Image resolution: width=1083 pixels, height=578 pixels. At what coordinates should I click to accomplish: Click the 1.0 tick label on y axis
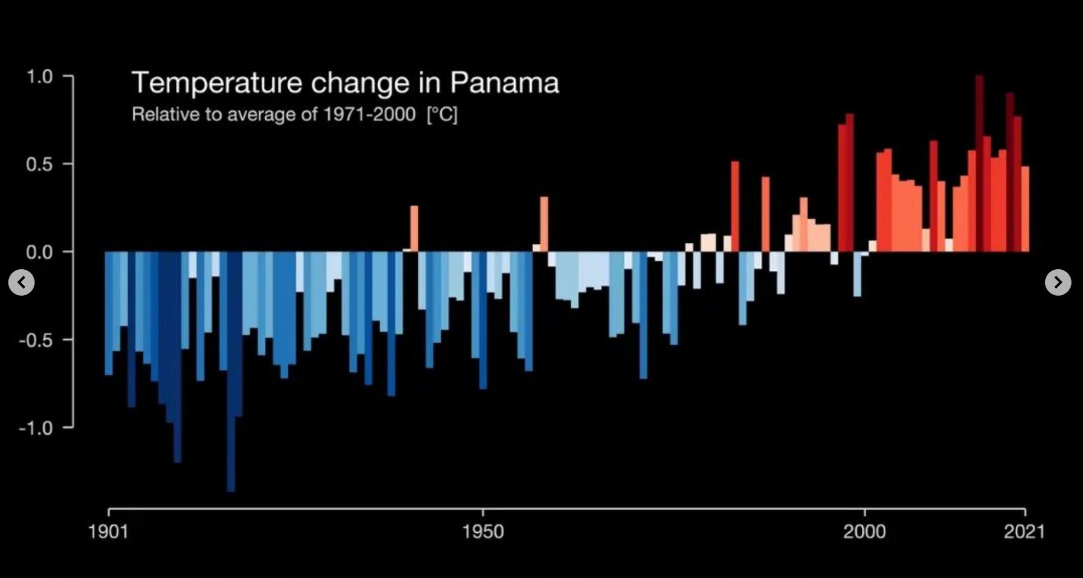coord(39,76)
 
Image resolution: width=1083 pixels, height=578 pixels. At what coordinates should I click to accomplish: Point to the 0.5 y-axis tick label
coord(39,164)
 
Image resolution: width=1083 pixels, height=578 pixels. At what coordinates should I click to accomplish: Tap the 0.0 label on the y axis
coord(39,252)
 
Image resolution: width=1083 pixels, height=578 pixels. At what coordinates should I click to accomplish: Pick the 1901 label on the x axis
coord(108,532)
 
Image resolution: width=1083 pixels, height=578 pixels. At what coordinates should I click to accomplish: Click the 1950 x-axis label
coord(483,532)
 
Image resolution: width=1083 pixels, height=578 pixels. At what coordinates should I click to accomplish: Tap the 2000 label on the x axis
coord(864,532)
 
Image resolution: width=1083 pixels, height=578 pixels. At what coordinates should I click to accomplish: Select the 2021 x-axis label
coord(1024,532)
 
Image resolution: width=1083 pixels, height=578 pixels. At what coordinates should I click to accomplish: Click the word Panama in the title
coord(504,83)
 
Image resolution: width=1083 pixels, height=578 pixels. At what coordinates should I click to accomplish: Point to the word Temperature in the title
coord(217,83)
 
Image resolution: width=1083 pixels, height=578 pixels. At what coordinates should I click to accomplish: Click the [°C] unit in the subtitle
coord(442,115)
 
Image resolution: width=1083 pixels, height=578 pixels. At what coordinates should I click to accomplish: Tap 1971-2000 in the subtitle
coord(370,115)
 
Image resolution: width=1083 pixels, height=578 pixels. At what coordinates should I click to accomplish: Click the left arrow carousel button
coord(21,282)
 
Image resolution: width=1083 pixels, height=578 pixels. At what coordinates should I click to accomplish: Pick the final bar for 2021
coord(1025,209)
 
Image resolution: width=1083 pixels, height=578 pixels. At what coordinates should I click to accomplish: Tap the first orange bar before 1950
coord(414,229)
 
